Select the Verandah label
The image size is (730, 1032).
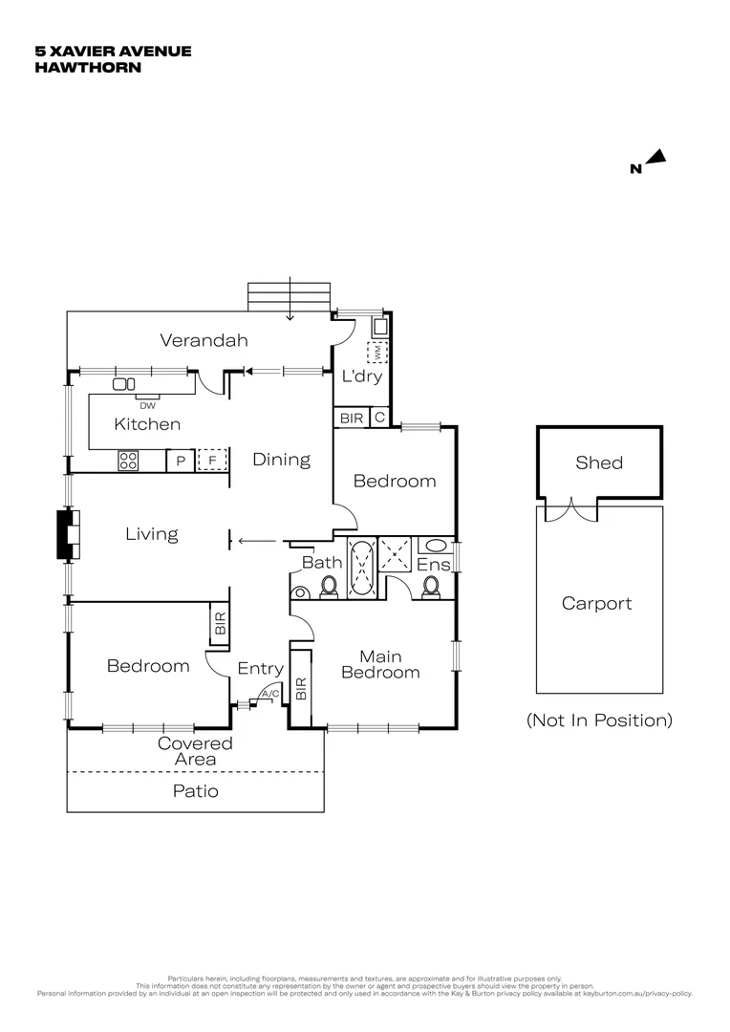tap(204, 340)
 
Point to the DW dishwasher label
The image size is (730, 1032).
tap(147, 405)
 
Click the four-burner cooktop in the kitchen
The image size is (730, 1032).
tap(129, 461)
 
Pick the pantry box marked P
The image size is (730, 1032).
tap(180, 462)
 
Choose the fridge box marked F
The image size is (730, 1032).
tap(212, 462)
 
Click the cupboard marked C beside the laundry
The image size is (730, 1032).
tap(379, 418)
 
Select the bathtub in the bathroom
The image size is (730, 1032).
tap(362, 569)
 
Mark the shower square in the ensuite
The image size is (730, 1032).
tap(395, 552)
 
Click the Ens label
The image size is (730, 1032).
tap(433, 565)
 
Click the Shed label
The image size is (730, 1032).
tap(599, 463)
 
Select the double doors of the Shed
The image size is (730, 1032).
tap(570, 511)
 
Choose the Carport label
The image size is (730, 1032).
tap(596, 604)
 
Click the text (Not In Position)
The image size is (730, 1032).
tap(599, 720)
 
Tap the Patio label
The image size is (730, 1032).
tap(195, 791)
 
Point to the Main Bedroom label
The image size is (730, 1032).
tap(380, 664)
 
